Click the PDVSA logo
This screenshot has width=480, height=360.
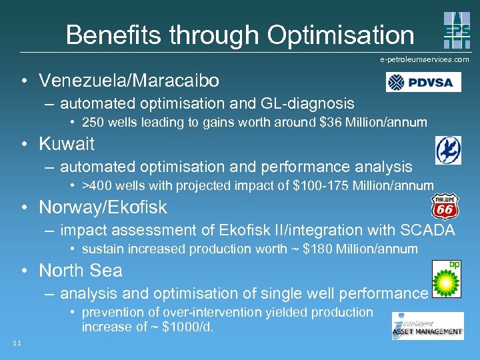tap(423, 83)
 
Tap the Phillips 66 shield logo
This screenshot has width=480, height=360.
tap(445, 207)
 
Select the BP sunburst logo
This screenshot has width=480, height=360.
tap(446, 278)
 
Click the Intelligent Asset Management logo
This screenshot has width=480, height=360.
tap(427, 325)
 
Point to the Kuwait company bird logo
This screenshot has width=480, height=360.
tap(448, 150)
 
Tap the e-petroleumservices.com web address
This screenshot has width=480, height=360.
tap(425, 59)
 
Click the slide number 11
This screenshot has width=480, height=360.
tap(17, 343)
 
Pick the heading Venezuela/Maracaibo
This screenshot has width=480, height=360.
tap(129, 81)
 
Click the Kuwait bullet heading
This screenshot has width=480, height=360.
tap(67, 143)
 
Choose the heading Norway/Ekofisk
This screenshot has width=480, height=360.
tap(103, 207)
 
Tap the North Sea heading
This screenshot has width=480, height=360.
tap(81, 270)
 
